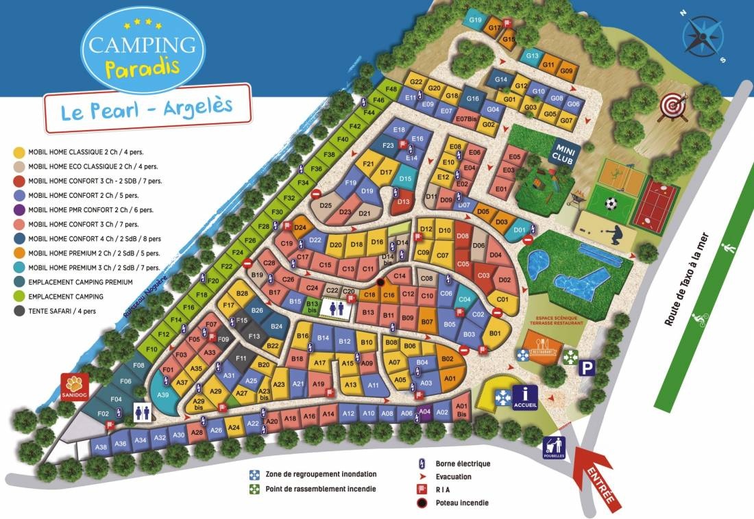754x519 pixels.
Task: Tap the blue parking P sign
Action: [x=587, y=368]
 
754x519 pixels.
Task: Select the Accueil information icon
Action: [x=525, y=394]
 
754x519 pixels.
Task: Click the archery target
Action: [x=671, y=106]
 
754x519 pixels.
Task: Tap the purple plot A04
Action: [x=424, y=412]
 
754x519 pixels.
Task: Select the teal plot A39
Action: [x=163, y=395]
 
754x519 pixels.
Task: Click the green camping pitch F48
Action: [x=391, y=90]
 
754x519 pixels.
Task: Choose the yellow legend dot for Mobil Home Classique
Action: [x=19, y=152]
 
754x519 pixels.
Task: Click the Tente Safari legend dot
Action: [x=19, y=311]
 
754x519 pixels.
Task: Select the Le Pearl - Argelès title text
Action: [x=146, y=108]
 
